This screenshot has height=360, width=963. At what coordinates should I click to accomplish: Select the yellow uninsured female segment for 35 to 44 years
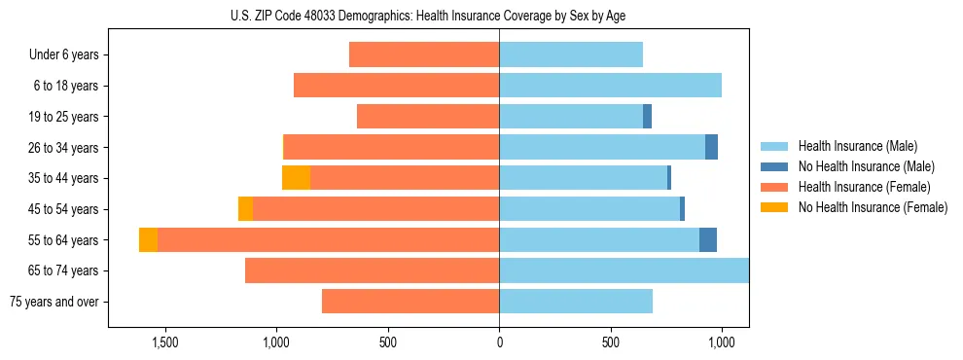(296, 178)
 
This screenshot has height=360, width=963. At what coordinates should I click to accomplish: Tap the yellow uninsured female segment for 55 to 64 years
(148, 240)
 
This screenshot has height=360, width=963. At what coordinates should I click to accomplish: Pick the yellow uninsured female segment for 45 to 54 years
(245, 209)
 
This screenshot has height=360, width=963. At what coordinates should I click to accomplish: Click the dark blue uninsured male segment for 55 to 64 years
(708, 240)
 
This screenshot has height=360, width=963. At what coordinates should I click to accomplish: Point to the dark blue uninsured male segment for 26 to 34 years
(711, 147)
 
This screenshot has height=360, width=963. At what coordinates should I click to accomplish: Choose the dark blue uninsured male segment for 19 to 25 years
(647, 117)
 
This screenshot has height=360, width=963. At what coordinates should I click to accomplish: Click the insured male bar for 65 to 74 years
(624, 270)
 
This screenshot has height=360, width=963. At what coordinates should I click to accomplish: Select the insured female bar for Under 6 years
(424, 54)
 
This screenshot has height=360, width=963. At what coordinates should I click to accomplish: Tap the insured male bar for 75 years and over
(576, 302)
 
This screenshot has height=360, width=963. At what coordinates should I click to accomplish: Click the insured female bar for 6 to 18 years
(396, 86)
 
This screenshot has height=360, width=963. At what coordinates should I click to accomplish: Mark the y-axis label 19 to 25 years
(64, 117)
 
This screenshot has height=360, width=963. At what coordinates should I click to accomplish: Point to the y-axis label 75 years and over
(53, 302)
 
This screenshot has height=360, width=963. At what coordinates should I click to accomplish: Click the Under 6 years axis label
(64, 54)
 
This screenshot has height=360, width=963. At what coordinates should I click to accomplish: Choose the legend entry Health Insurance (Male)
(857, 146)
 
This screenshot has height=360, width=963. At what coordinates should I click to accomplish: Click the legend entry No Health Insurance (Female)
(873, 207)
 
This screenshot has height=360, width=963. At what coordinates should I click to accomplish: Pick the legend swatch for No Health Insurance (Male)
(774, 166)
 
